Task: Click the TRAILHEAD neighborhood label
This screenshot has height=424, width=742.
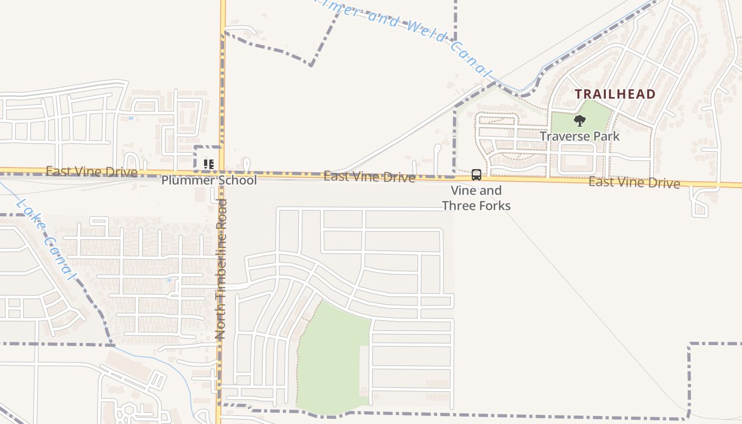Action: pos(615,94)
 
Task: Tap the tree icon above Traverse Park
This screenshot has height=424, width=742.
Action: pos(580,121)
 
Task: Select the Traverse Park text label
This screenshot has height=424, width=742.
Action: pos(580,136)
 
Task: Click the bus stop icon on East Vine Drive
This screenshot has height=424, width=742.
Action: pos(476,174)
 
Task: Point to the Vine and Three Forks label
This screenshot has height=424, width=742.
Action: pos(476,198)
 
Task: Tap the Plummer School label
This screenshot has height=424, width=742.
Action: pos(209,180)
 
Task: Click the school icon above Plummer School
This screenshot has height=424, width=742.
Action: pos(208,164)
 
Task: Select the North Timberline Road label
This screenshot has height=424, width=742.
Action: pos(221,269)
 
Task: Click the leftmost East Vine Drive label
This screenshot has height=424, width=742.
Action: pos(91,171)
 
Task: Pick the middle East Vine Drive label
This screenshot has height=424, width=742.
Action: pos(369,176)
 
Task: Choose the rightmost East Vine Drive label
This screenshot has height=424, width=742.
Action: pos(634,183)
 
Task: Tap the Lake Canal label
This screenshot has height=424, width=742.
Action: pos(46,238)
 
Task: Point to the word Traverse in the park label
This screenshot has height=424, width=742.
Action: pos(561,136)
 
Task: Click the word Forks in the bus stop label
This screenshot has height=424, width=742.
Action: pos(494,205)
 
